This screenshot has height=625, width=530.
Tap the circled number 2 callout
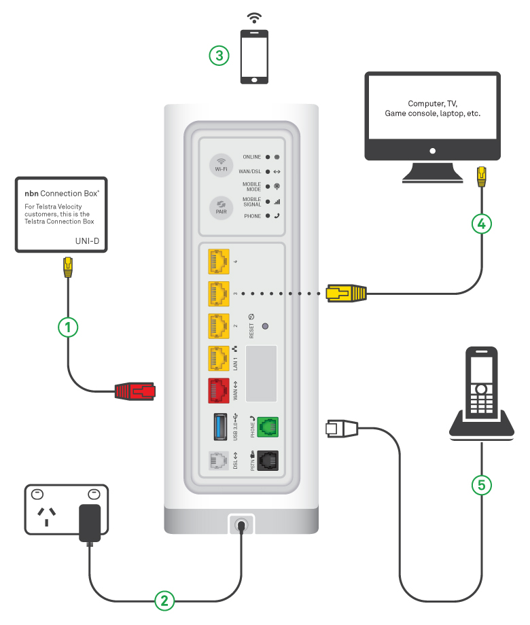point(164,600)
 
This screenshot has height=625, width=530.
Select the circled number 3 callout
point(219,56)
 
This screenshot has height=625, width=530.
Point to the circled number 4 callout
point(482,223)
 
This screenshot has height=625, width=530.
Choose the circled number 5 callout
point(481,484)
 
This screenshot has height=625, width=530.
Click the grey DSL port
point(219,463)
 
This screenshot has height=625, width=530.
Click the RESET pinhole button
point(265,327)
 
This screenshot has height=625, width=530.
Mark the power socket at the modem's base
point(242,525)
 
